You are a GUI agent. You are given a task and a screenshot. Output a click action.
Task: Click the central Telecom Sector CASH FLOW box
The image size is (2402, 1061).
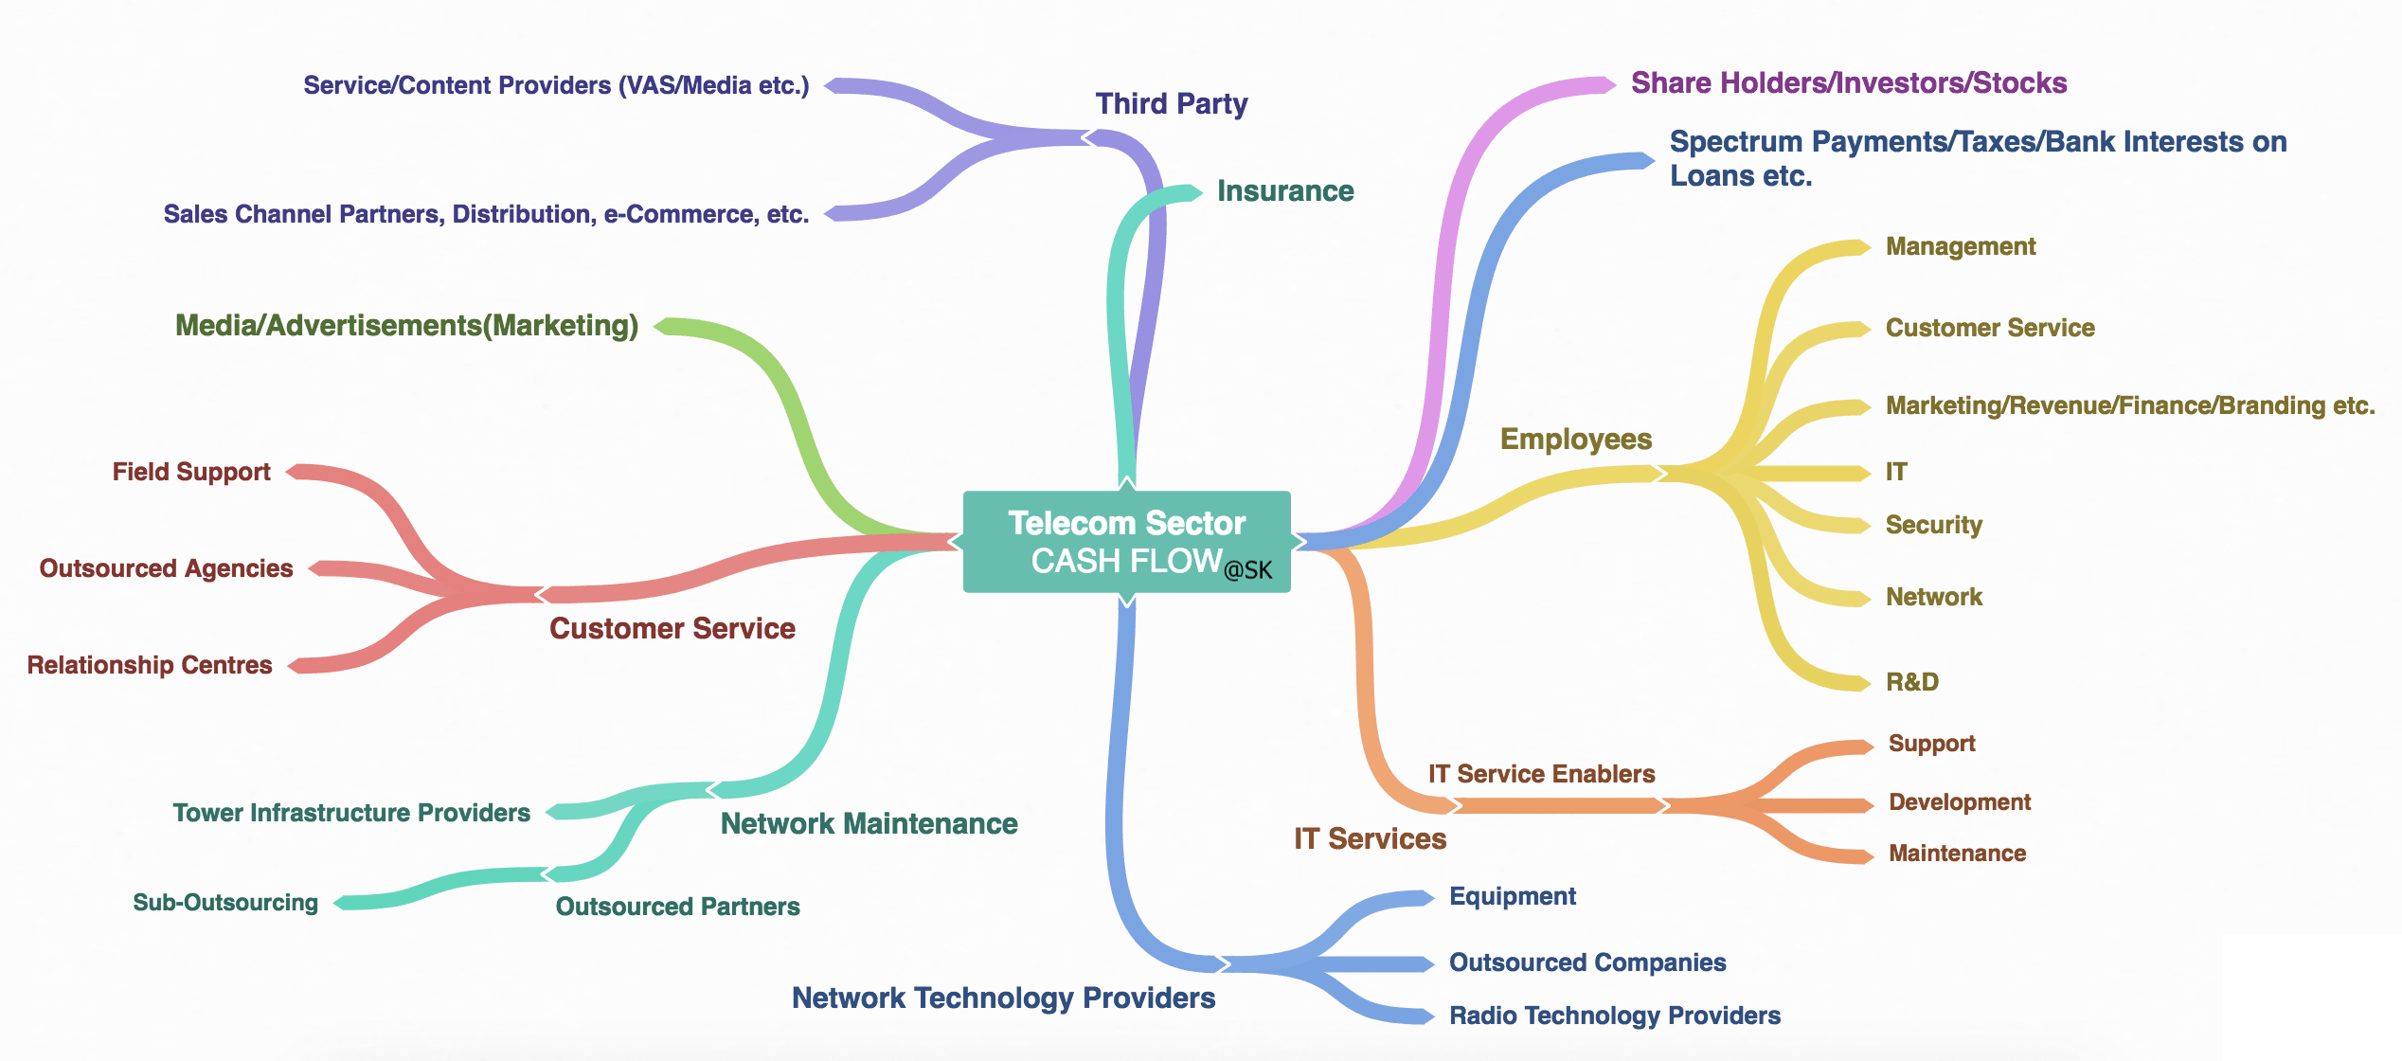1126,542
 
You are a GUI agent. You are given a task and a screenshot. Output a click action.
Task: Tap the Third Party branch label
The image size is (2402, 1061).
1172,103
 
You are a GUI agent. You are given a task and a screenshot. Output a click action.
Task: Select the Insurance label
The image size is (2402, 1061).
1285,190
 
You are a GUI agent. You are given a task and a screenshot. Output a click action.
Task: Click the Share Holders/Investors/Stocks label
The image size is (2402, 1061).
1849,83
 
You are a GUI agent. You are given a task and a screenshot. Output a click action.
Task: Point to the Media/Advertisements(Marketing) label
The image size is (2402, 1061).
407,326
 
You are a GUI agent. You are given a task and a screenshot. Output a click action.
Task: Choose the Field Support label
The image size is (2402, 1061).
191,472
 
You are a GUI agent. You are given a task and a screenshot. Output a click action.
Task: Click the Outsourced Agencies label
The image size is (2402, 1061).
167,568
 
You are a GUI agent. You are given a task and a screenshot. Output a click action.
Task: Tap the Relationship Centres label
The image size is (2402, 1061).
150,665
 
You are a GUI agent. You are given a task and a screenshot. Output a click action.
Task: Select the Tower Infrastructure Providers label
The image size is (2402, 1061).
351,813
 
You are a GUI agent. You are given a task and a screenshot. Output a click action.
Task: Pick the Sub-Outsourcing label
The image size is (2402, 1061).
225,902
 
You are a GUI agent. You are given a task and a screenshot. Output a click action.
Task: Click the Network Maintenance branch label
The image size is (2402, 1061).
869,823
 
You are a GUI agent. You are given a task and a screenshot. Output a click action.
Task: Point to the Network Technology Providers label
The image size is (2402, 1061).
1004,998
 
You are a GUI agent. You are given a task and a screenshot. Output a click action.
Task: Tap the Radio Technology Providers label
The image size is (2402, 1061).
1615,1016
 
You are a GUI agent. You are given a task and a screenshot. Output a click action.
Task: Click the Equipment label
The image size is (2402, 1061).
1513,896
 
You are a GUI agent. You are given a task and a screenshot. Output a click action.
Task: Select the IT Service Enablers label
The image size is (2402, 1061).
1542,774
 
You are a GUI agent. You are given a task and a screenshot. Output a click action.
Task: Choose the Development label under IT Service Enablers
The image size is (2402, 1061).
1960,802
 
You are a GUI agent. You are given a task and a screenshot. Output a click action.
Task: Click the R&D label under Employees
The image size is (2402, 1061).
1912,682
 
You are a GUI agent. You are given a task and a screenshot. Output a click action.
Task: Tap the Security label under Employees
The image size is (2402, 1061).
1934,525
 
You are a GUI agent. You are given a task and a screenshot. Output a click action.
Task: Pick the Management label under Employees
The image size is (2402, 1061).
1961,246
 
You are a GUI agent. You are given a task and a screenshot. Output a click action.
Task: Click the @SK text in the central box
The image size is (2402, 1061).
1248,570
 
